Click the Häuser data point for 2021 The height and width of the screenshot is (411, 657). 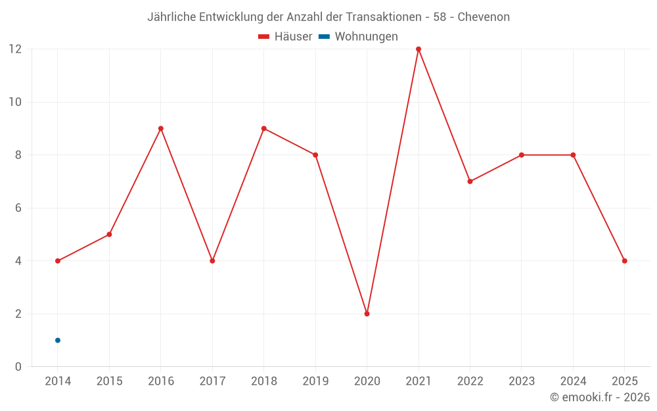[x=419, y=49]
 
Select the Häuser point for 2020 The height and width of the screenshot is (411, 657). [x=367, y=314]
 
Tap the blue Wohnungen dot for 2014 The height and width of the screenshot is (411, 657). [x=58, y=340]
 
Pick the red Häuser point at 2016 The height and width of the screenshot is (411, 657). [x=161, y=128]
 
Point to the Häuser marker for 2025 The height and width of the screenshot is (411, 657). [x=624, y=261]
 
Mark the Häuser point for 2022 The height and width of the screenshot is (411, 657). [x=470, y=181]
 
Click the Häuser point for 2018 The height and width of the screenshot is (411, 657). [x=264, y=128]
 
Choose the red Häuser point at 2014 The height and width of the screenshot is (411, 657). [x=58, y=261]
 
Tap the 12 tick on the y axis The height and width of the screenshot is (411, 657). [x=15, y=49]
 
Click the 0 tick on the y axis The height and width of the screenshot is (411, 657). [x=18, y=366]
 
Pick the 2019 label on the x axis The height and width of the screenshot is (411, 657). [x=315, y=381]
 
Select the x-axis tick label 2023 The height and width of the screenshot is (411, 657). [x=522, y=381]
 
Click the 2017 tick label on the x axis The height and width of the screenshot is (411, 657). [x=212, y=381]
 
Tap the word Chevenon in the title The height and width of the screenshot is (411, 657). [x=484, y=17]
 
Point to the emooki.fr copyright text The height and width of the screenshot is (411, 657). [x=600, y=397]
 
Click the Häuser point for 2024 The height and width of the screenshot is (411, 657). [x=573, y=155]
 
